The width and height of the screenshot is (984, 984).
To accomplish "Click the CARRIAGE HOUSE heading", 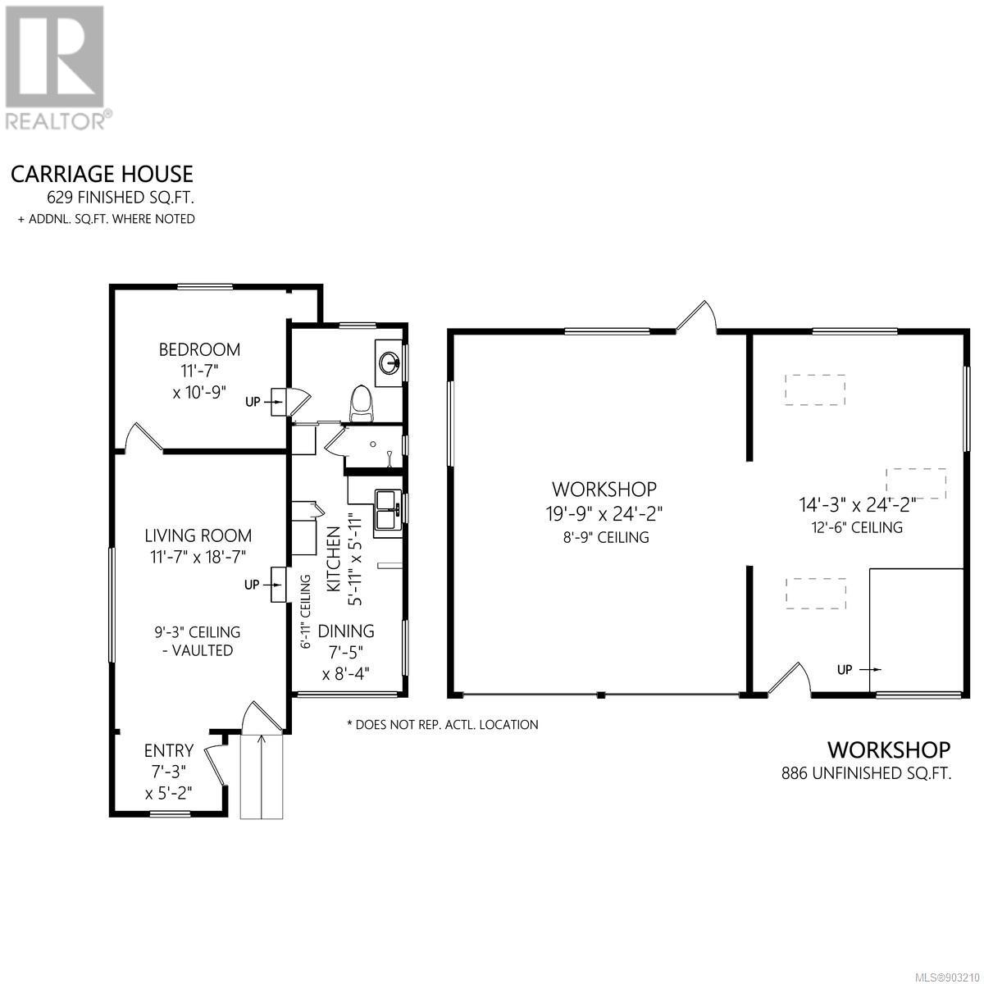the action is pos(102,175).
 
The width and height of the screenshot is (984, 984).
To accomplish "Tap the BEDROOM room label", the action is pos(199,350).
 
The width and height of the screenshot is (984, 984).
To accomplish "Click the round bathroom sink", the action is pos(389,363).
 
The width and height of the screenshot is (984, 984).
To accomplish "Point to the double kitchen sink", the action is pos(386,513).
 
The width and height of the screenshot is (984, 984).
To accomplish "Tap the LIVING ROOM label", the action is pos(198,535).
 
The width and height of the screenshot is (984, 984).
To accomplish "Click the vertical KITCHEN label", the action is pos(333,559).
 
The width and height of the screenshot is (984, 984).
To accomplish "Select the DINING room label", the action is pos(346,631).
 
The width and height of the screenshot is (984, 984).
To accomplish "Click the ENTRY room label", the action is pos(169,750).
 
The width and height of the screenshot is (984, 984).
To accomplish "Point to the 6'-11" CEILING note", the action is pos(306,611).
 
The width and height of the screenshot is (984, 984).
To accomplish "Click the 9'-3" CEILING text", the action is pos(198,632).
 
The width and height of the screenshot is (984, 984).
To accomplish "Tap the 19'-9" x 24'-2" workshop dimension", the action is pos(604,513).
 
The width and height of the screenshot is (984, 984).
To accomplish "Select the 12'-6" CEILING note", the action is pos(858,527).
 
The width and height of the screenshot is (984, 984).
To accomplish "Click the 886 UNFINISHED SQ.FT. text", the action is pos(867,773).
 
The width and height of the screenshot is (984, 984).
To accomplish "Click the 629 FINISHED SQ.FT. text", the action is pos(121,197).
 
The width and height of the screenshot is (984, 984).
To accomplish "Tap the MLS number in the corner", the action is pos(949,976).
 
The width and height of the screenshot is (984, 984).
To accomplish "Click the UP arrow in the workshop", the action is pos(871,669).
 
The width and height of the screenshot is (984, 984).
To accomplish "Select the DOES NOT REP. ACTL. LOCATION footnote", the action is pos(442,725).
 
